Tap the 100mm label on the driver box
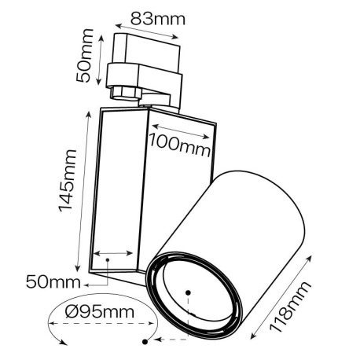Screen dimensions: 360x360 tap(176, 144)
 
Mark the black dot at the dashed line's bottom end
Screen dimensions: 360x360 tap(145, 342)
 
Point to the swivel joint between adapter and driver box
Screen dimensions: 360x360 tap(145, 98)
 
